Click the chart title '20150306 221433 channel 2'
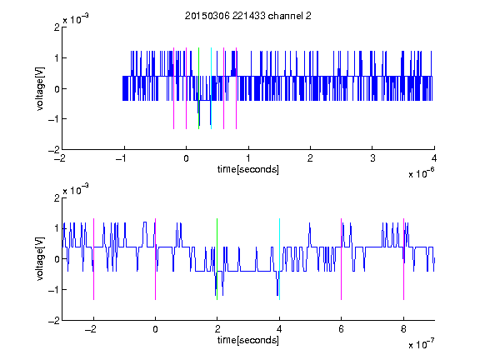[248, 16]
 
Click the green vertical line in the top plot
[198, 88]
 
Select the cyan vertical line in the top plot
[211, 88]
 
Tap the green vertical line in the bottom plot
[217, 259]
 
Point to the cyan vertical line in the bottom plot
[279, 259]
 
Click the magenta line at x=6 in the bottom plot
[342, 259]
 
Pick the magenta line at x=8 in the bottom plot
[404, 259]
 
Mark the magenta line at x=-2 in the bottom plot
[93, 259]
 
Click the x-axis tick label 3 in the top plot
[372, 158]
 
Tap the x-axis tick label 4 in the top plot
[434, 158]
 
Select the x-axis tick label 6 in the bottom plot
[342, 329]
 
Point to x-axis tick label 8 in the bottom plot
[404, 329]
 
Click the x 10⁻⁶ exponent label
[421, 173]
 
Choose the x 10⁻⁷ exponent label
[421, 344]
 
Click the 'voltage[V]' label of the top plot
[40, 88]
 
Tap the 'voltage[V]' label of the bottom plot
[40, 259]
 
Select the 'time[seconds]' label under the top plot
[248, 169]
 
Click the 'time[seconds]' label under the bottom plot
[248, 340]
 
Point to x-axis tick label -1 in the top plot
[122, 158]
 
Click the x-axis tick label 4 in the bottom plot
[279, 329]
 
